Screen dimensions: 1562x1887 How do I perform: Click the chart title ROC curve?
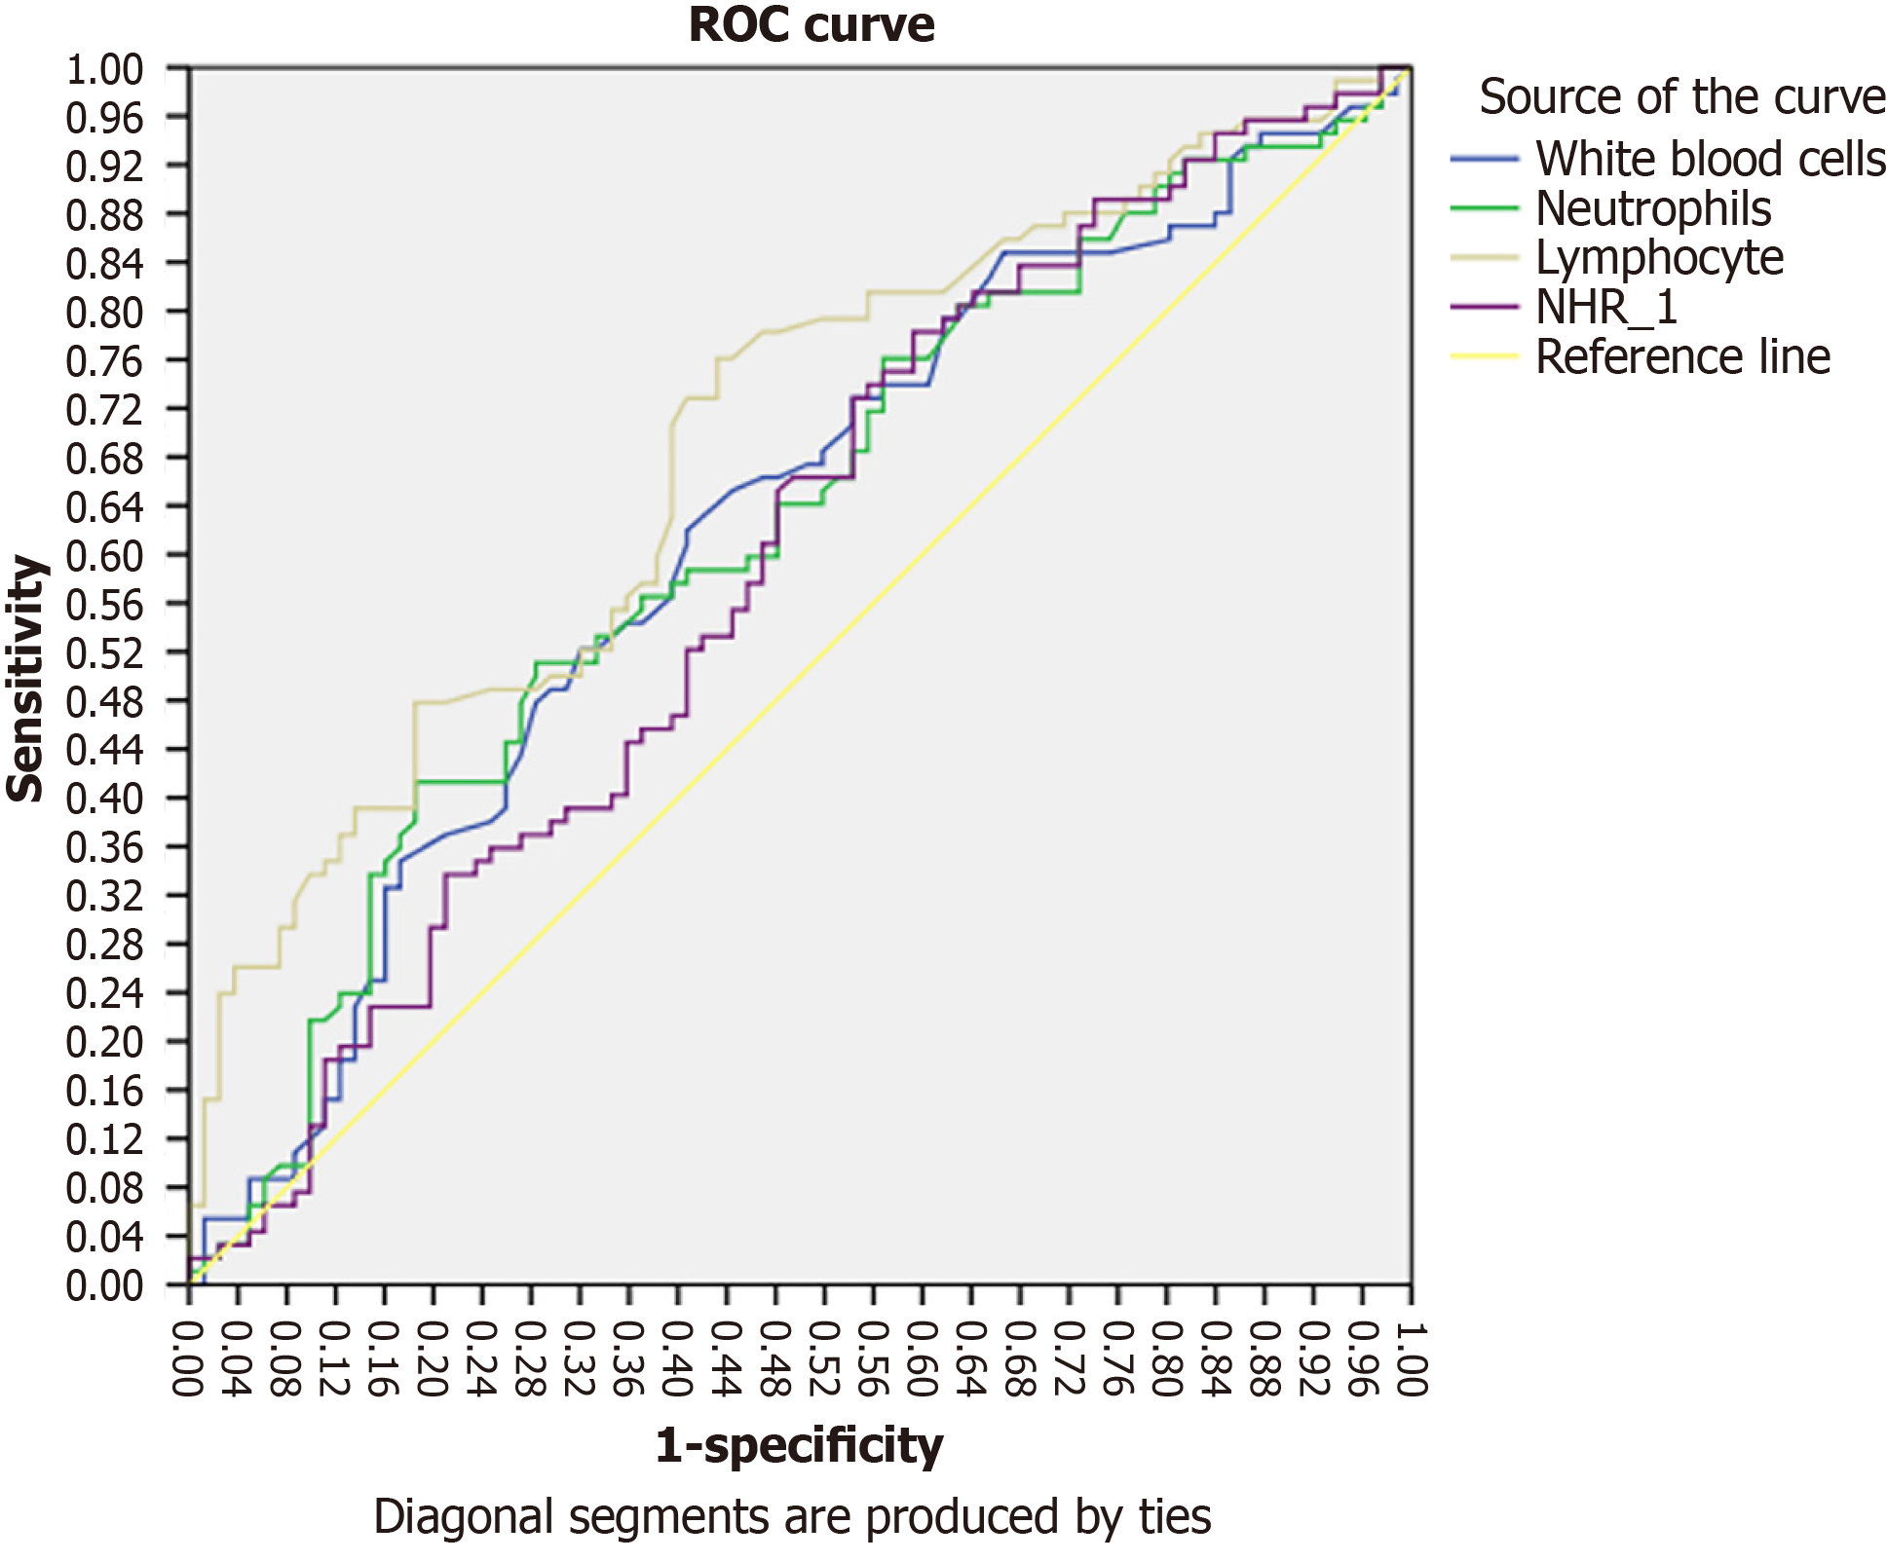(x=811, y=25)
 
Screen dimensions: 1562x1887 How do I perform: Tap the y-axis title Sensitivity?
(x=26, y=679)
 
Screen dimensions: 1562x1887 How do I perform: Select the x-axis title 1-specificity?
(x=799, y=1445)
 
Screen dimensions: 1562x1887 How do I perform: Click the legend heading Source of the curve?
(x=1681, y=97)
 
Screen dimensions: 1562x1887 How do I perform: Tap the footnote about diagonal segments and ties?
(x=792, y=1517)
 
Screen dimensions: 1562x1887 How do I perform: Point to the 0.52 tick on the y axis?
(x=104, y=652)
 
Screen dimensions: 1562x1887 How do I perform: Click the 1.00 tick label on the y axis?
(x=104, y=70)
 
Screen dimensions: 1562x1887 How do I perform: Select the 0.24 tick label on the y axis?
(x=104, y=993)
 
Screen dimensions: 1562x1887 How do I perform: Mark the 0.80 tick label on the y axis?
(x=104, y=313)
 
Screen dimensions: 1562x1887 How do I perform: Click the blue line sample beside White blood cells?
(x=1484, y=159)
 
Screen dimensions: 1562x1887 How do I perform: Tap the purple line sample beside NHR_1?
(x=1484, y=308)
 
